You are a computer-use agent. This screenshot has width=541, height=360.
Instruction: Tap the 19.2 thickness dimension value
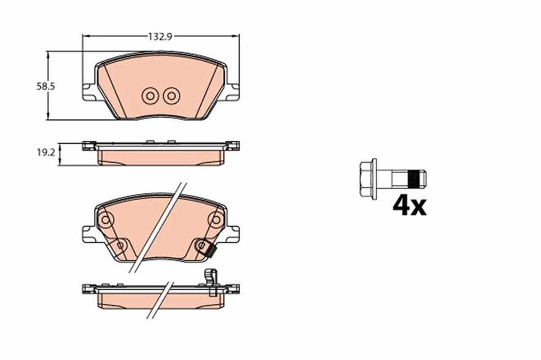[x=46, y=153]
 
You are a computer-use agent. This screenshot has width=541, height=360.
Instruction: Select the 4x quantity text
[x=409, y=206]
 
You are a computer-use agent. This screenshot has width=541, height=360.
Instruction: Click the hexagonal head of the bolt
[x=368, y=179]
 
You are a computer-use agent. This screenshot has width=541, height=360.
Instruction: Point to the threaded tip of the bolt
[x=416, y=179]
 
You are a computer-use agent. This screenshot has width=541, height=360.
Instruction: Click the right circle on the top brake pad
[x=171, y=96]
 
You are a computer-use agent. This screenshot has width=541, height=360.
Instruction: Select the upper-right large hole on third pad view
[x=215, y=220]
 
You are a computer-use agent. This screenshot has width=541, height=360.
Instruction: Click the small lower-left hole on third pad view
[x=120, y=245]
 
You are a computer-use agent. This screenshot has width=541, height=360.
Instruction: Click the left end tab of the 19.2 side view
[x=88, y=146]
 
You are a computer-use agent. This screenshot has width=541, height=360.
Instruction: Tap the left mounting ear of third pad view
[x=89, y=234]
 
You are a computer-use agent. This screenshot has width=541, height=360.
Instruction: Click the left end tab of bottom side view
[x=88, y=288]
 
